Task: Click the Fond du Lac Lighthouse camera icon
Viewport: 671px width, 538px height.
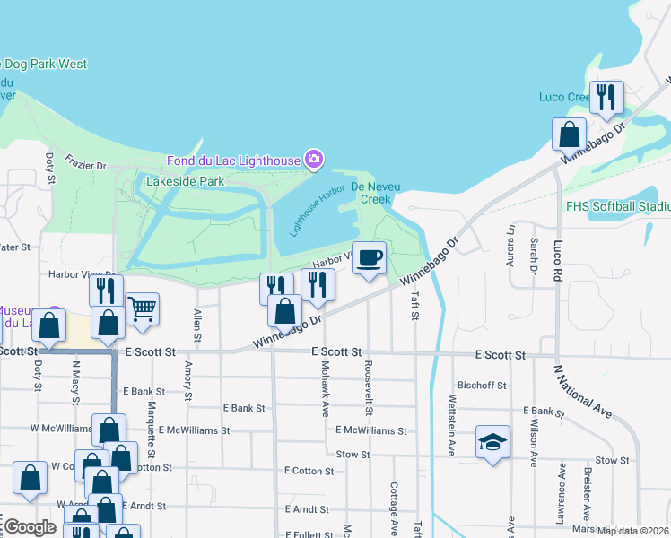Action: click(313, 160)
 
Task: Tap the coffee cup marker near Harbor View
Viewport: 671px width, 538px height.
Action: click(369, 258)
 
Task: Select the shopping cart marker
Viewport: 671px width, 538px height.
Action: click(142, 309)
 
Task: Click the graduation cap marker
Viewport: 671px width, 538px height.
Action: click(492, 442)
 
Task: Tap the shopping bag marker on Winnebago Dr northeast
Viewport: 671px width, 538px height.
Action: click(569, 135)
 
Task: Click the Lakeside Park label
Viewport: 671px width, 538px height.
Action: click(185, 181)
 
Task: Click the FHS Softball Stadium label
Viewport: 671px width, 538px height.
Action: click(618, 206)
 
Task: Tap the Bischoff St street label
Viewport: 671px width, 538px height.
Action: click(483, 385)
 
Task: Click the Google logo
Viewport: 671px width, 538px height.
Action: click(30, 527)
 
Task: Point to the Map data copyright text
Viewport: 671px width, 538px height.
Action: click(633, 531)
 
